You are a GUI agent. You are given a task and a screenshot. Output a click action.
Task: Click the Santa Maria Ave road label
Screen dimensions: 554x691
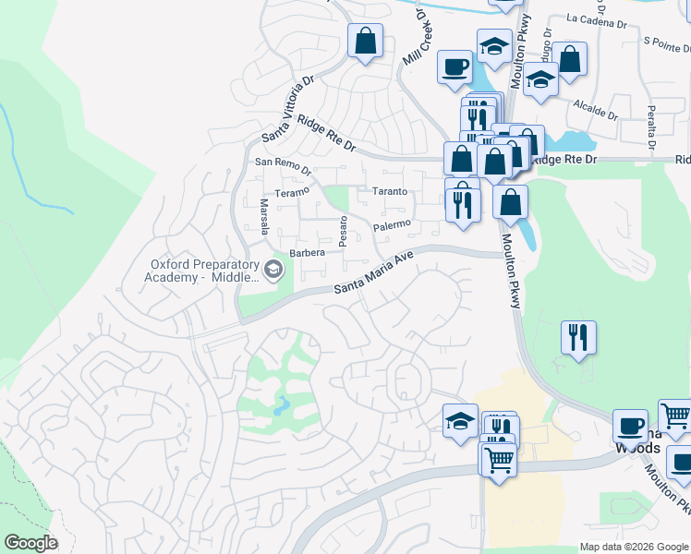(x=373, y=273)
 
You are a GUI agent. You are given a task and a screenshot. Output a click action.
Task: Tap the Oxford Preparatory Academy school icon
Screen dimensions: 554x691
(x=273, y=270)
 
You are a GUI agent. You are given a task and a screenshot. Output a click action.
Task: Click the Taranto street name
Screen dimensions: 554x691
(x=390, y=191)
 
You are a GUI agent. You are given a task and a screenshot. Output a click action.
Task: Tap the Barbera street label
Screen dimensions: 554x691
(x=307, y=252)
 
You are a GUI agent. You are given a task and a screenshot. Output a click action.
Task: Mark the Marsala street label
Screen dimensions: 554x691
(x=263, y=216)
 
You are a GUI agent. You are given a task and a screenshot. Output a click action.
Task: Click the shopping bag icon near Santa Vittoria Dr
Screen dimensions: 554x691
(x=366, y=41)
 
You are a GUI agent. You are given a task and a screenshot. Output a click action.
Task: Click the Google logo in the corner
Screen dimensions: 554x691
(x=30, y=542)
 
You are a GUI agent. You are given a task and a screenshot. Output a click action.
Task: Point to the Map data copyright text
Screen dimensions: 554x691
(x=633, y=547)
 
